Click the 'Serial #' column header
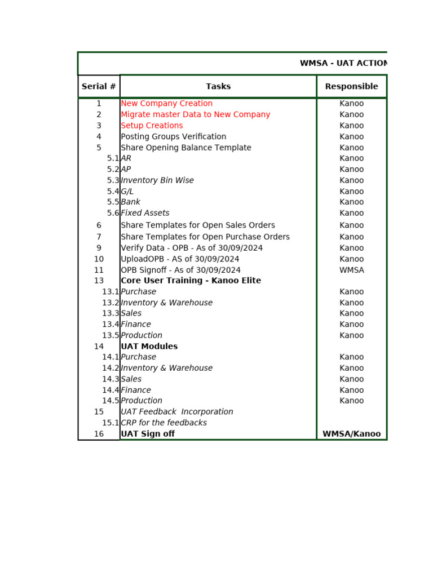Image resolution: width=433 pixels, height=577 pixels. point(99,86)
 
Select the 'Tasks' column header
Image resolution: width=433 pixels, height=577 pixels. point(218,86)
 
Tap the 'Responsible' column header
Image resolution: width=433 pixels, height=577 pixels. point(351,86)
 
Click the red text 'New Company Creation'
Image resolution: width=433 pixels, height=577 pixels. point(166,104)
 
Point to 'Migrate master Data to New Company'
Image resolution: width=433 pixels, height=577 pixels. point(195,114)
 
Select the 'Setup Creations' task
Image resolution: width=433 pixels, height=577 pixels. point(152,126)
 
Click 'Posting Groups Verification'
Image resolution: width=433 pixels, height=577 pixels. point(173,136)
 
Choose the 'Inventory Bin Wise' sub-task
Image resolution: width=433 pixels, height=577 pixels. point(157,180)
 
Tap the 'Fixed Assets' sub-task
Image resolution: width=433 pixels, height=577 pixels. point(145,213)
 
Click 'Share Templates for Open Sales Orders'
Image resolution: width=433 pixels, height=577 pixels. point(198,225)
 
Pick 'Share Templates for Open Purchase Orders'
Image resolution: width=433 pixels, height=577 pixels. point(205,237)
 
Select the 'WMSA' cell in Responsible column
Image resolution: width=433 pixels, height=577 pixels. point(351,270)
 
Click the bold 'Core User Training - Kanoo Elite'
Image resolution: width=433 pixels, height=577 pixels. point(191,281)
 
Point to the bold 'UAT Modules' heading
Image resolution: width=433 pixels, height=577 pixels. point(149,347)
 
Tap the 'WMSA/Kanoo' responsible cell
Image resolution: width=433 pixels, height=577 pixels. point(351,434)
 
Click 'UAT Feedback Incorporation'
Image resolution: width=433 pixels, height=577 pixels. point(176,412)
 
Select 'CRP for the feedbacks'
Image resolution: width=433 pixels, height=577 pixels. point(164,423)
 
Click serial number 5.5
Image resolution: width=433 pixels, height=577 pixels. point(113,202)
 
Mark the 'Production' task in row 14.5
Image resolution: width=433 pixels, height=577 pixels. point(142,401)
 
